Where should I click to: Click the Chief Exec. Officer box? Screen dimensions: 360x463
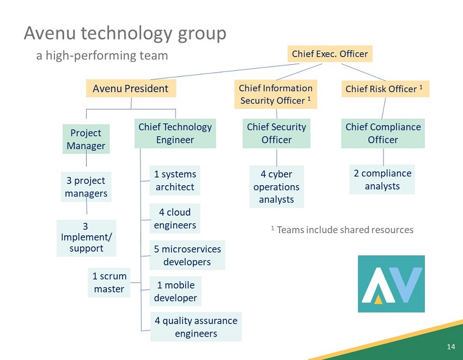tap(330, 54)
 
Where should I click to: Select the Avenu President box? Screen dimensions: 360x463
tap(130, 88)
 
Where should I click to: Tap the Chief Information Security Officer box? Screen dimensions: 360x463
tap(276, 94)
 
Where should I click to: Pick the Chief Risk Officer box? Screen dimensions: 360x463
tap(385, 89)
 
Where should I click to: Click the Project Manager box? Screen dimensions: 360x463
tap(86, 139)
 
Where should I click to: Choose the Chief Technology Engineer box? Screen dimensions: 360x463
tap(175, 133)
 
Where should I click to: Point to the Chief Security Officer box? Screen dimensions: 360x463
tap(276, 133)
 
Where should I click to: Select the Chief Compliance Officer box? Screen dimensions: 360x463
tap(383, 133)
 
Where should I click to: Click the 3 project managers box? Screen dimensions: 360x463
tap(86, 187)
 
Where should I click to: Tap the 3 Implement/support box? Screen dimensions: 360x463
tap(86, 238)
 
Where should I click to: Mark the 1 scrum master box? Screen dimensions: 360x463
tap(109, 283)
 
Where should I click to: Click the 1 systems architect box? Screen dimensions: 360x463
tap(175, 180)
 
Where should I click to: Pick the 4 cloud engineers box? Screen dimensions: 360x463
tap(175, 218)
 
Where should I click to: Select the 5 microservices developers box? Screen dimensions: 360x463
tap(187, 255)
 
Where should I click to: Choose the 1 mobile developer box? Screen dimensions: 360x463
tap(175, 291)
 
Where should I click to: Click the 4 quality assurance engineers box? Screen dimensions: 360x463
tap(196, 327)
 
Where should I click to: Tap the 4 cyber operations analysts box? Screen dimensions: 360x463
tap(276, 187)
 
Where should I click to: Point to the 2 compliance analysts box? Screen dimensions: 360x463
tap(382, 179)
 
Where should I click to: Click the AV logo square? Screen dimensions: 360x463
tap(391, 284)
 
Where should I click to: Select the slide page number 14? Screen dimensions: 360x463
tap(450, 347)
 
